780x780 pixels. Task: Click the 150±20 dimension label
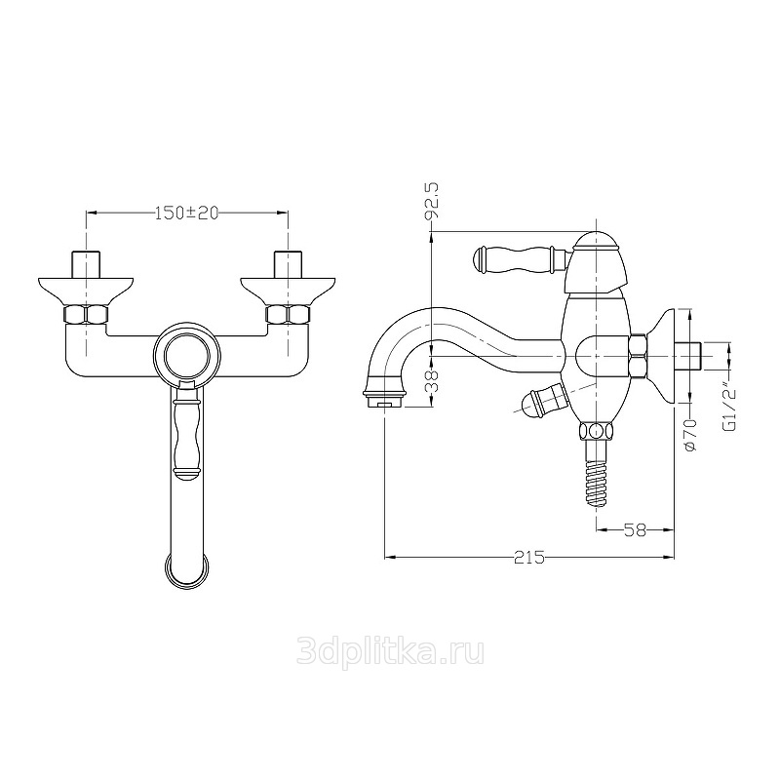pos(186,213)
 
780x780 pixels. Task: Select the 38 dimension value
pos(434,381)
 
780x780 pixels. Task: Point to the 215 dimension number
pos(529,558)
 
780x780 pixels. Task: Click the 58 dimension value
pos(635,529)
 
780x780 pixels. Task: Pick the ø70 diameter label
pos(690,434)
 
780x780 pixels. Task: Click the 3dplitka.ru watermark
pos(390,651)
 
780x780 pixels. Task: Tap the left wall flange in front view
pos(86,290)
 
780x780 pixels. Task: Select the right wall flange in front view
pos(288,290)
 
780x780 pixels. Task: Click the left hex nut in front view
pos(86,314)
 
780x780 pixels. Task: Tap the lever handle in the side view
pos(521,259)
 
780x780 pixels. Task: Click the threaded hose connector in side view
pos(596,473)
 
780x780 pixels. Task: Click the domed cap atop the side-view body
pos(596,239)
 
